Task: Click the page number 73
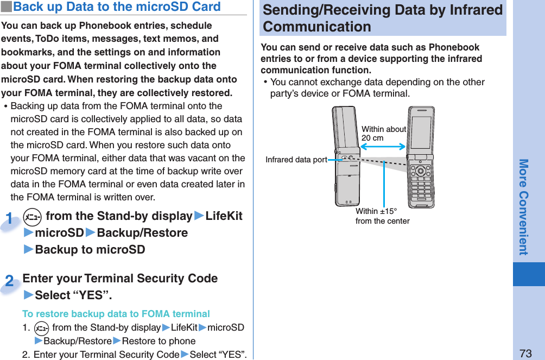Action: point(525,353)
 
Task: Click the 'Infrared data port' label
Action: point(296,160)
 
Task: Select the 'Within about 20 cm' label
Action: point(383,134)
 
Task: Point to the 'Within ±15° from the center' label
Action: point(382,216)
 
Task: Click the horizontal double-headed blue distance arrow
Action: point(383,147)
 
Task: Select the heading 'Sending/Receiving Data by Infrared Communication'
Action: point(382,18)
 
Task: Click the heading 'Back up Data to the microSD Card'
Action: point(117,7)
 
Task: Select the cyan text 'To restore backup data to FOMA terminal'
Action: point(116,314)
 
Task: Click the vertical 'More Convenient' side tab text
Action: point(523,207)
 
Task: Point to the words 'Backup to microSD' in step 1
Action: point(90,250)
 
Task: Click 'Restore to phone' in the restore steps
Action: point(159,342)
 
